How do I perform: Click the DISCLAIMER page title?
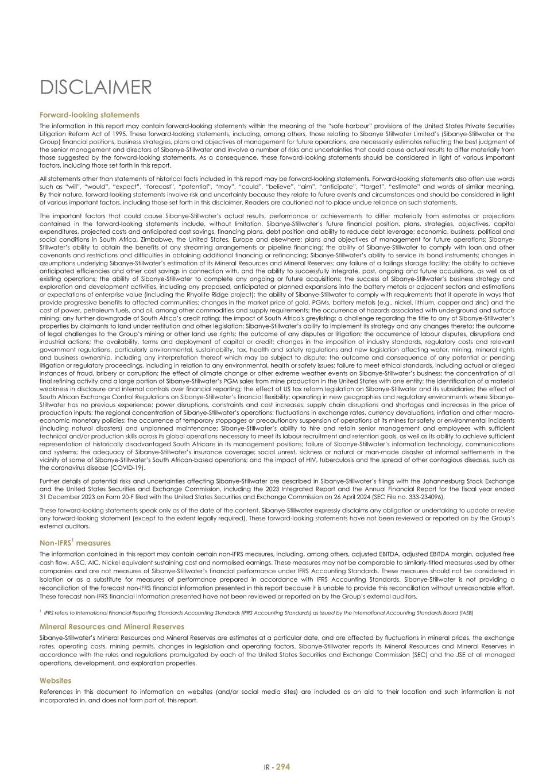[x=95, y=88]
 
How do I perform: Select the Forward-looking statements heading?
[x=89, y=115]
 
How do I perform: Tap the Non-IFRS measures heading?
[x=75, y=543]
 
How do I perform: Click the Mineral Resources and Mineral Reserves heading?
[x=111, y=627]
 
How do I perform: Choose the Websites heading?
[x=55, y=681]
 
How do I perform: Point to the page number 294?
[x=282, y=767]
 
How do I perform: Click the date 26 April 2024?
[x=336, y=496]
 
